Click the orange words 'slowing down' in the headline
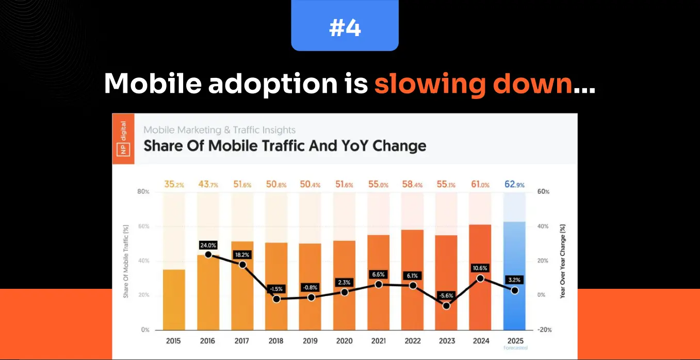(x=473, y=84)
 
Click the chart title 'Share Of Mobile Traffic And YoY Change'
(x=285, y=145)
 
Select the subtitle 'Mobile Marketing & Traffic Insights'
(x=220, y=130)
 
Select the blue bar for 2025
(x=514, y=275)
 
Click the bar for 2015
(x=174, y=299)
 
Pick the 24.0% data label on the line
(x=208, y=245)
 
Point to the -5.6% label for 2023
(x=446, y=296)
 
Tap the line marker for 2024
(x=480, y=279)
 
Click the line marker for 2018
(x=276, y=299)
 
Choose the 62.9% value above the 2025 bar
(x=514, y=184)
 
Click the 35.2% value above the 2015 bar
(x=174, y=184)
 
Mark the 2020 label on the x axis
(x=344, y=341)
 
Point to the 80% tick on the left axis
(x=143, y=192)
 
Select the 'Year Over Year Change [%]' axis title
(x=563, y=261)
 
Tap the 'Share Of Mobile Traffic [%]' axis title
(x=126, y=261)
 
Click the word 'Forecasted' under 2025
(x=514, y=348)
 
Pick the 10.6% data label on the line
(x=480, y=268)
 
